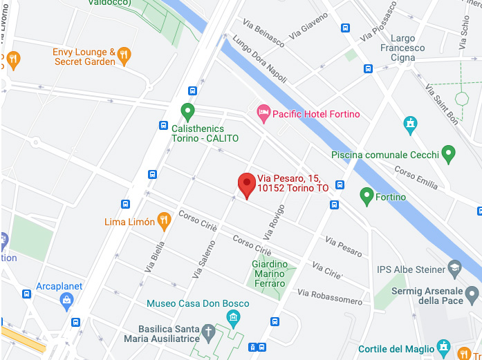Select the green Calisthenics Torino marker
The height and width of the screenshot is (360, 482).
click(187, 111)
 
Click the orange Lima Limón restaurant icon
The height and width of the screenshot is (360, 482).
click(164, 221)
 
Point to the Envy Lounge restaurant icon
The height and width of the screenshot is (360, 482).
click(124, 55)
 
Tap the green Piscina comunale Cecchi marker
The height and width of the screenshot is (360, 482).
click(448, 153)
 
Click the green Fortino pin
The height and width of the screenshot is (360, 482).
click(367, 196)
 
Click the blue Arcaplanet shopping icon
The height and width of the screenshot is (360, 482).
click(66, 300)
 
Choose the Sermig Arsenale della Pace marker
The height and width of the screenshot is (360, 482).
click(472, 295)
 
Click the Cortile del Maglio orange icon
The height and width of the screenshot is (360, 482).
click(443, 347)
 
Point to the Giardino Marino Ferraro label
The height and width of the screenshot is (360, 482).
click(269, 274)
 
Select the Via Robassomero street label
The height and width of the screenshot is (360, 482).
click(330, 297)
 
